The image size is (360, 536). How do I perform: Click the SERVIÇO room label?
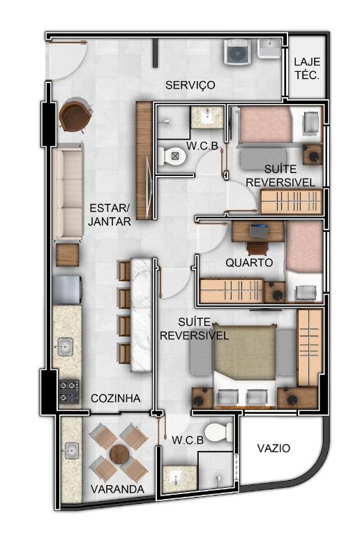(x=190, y=84)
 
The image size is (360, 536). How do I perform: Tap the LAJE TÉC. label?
(x=307, y=68)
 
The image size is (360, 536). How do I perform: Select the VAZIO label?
(x=273, y=448)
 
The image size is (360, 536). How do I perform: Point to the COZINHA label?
(x=116, y=398)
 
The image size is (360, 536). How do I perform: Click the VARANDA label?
(x=117, y=489)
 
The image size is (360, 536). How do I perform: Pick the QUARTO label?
(x=249, y=262)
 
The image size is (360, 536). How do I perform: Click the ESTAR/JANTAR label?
(x=110, y=215)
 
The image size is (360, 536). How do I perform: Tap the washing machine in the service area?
(x=237, y=52)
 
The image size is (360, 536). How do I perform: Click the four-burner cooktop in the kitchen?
(x=69, y=391)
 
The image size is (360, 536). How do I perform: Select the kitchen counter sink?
(x=65, y=347)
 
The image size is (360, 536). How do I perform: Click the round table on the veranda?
(x=119, y=454)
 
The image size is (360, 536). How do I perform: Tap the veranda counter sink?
(x=71, y=451)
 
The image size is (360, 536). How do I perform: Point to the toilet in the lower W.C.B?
(x=219, y=432)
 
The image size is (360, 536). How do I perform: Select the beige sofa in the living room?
(x=68, y=191)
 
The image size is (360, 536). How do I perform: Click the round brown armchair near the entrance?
(x=75, y=115)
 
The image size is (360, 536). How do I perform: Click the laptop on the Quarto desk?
(x=258, y=231)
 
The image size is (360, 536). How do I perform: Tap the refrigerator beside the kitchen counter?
(x=68, y=290)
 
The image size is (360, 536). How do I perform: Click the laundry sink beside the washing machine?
(x=269, y=48)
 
